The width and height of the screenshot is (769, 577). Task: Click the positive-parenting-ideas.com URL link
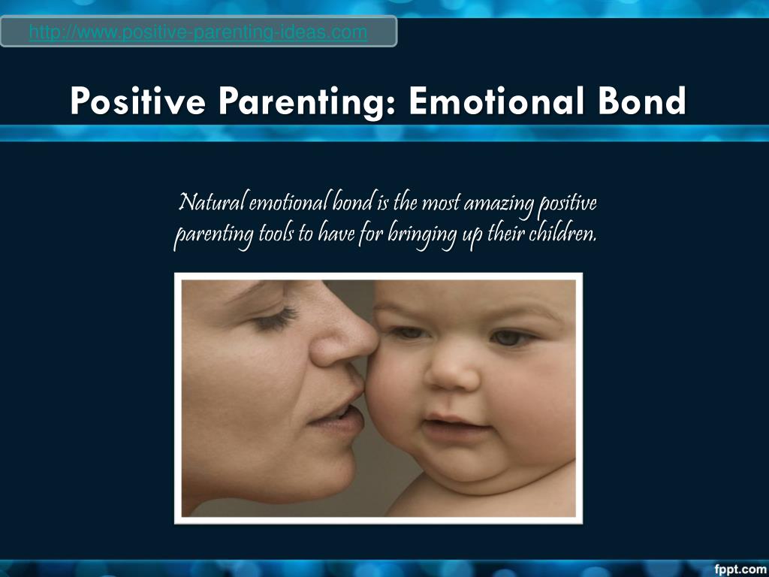tap(198, 32)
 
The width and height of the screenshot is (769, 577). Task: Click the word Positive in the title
tap(137, 101)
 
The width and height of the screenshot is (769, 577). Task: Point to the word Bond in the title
tap(642, 101)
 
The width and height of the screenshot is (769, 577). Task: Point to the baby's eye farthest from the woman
tap(511, 338)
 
